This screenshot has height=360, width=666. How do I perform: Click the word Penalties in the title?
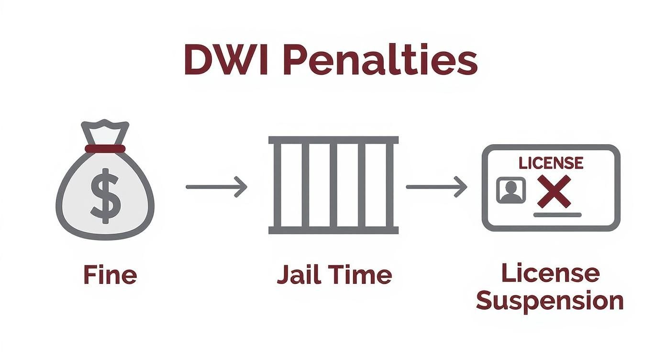380,60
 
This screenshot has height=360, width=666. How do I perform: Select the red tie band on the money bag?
105,148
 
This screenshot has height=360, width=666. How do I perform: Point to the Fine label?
110,275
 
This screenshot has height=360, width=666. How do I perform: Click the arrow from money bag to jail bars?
216,187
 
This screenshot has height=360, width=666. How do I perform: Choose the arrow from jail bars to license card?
436,187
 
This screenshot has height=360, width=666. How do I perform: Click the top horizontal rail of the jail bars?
333,140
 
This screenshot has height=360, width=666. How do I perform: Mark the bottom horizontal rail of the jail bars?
333,230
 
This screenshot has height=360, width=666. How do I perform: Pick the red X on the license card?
554,191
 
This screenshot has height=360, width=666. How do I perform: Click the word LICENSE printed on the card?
551,163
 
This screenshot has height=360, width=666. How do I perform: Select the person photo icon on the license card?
511,190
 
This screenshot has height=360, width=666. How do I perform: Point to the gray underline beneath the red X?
557,215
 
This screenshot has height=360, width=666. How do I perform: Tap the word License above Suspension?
550,273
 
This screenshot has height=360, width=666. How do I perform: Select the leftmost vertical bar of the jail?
277,185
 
